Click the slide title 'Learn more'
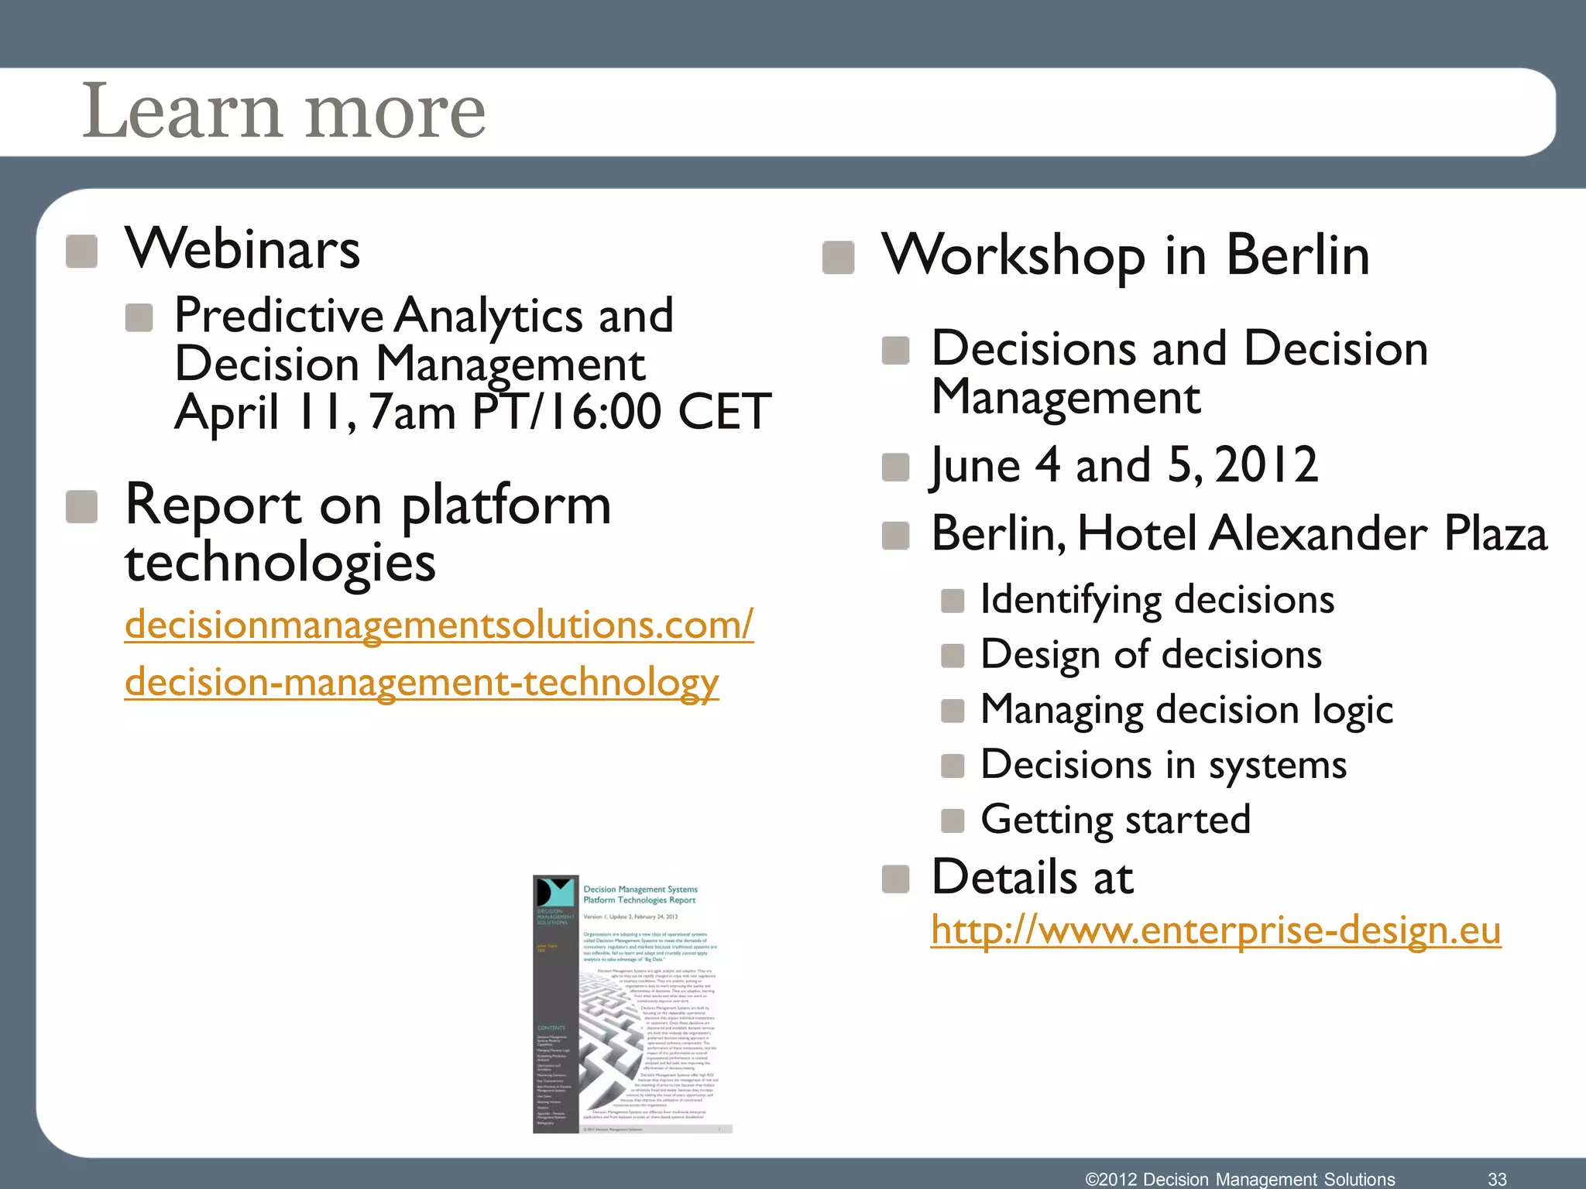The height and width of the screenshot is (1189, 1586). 283,111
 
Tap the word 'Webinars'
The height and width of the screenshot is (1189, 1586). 242,249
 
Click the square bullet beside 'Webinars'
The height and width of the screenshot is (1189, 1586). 81,252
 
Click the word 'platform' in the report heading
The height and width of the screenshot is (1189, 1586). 506,505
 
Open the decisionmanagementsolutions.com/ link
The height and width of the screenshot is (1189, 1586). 438,625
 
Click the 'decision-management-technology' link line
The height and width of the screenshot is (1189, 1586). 421,683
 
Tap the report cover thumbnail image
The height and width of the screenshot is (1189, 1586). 632,1004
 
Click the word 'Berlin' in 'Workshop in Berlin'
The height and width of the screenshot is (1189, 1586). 1297,255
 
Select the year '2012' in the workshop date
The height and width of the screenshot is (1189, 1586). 1266,465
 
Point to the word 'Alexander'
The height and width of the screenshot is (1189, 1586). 1318,534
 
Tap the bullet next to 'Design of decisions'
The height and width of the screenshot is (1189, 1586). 952,656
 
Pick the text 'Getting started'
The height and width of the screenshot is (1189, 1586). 1115,820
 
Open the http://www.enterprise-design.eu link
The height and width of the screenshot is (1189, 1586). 1215,930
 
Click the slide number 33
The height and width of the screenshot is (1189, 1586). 1496,1179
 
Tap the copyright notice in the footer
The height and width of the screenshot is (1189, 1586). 1240,1179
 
